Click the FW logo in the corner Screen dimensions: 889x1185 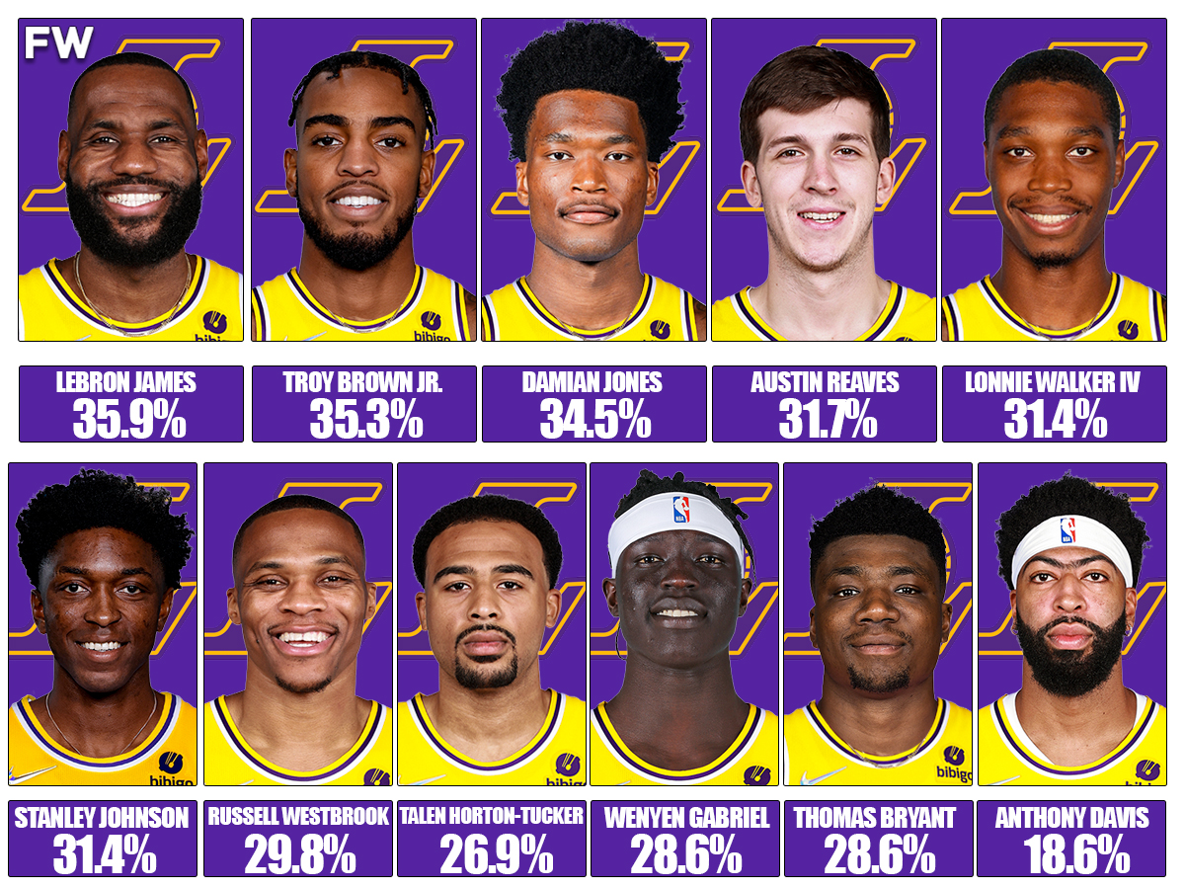click(x=59, y=42)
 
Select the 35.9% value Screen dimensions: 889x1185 click(x=130, y=419)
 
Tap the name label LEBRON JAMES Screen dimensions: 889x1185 click(x=130, y=383)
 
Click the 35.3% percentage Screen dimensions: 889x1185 click(x=364, y=419)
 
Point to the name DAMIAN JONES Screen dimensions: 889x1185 click(x=594, y=383)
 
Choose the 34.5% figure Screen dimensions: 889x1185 click(x=594, y=419)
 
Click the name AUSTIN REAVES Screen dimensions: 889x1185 click(x=825, y=383)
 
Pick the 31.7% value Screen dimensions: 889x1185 click(x=825, y=419)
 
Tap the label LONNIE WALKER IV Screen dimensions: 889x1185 click(x=1054, y=383)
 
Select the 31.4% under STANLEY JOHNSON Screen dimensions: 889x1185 click(x=103, y=854)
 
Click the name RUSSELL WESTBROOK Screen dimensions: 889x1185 click(x=298, y=818)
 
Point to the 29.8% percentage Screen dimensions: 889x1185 click(x=298, y=854)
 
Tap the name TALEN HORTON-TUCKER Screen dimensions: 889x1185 click(x=492, y=818)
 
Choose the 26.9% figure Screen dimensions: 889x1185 click(x=492, y=854)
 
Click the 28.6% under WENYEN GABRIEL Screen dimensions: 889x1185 click(x=684, y=854)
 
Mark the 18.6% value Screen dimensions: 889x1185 click(x=1071, y=854)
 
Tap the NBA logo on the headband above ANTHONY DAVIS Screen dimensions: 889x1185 click(x=1067, y=530)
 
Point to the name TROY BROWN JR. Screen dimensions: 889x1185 click(x=364, y=383)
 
